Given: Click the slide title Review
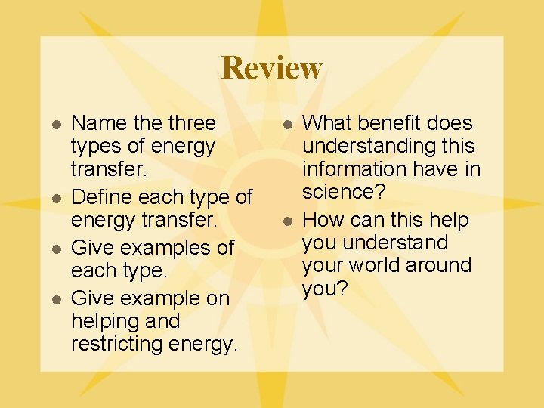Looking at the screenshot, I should [x=272, y=68].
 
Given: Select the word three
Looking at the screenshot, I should [x=191, y=123].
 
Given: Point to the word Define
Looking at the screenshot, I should [x=99, y=198].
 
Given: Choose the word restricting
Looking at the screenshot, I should [x=114, y=345].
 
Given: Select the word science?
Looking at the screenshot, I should [x=344, y=192].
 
